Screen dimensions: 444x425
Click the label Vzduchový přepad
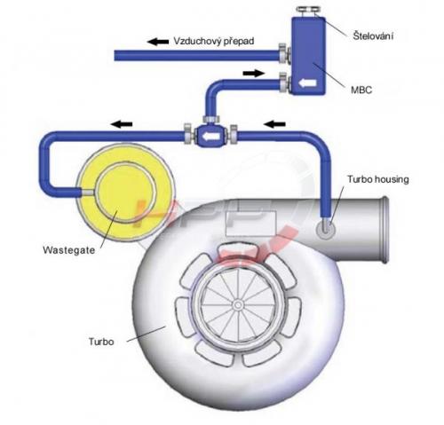point(214,41)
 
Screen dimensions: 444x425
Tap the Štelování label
point(373,35)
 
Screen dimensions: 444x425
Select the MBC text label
point(361,90)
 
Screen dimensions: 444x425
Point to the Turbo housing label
point(378,179)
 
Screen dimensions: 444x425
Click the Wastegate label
point(69,250)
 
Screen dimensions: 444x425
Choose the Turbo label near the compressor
point(101,342)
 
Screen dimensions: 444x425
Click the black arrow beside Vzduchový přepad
point(158,42)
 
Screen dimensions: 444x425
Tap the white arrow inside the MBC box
point(307,83)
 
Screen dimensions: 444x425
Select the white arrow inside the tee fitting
point(210,137)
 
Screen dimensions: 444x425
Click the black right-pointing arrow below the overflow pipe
point(253,73)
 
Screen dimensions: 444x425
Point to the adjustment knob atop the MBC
point(308,11)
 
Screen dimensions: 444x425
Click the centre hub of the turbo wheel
point(237,304)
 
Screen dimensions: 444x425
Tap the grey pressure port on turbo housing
point(326,229)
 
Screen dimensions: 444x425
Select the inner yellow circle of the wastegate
point(125,193)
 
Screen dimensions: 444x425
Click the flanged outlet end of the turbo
point(384,229)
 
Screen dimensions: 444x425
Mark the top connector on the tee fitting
point(211,119)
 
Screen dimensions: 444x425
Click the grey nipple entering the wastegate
point(88,193)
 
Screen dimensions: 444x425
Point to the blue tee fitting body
point(210,136)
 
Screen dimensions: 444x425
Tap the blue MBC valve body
point(308,56)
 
